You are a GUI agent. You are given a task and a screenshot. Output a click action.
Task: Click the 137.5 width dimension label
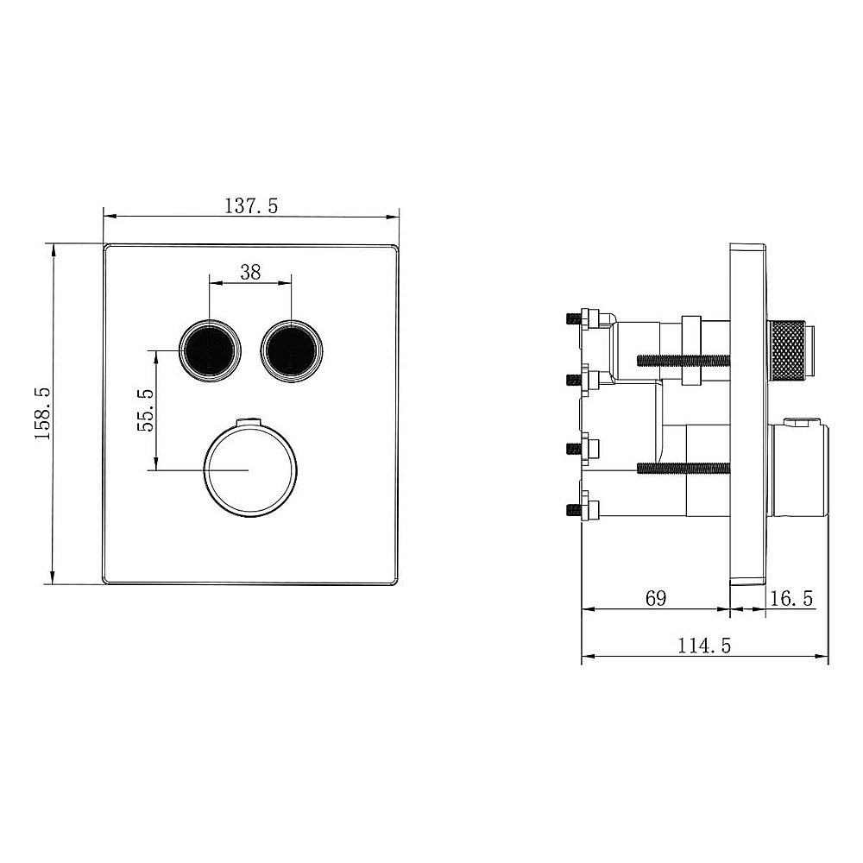(251, 206)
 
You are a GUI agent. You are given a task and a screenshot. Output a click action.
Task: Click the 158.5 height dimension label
(42, 413)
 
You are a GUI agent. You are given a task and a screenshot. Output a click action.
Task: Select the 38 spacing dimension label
(250, 272)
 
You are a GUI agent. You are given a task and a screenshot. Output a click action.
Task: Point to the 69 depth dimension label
(657, 598)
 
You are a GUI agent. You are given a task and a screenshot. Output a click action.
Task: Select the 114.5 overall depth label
(704, 646)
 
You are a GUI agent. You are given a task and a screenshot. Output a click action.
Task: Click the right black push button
(291, 350)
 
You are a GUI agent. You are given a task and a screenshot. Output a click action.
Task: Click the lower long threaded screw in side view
(683, 469)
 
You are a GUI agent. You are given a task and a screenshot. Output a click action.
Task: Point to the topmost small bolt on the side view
(575, 318)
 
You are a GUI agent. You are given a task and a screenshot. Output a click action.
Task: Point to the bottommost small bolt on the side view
(575, 509)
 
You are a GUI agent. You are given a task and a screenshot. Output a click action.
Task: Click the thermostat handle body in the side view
(798, 470)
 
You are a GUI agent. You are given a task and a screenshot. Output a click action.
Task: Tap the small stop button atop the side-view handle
(800, 423)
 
